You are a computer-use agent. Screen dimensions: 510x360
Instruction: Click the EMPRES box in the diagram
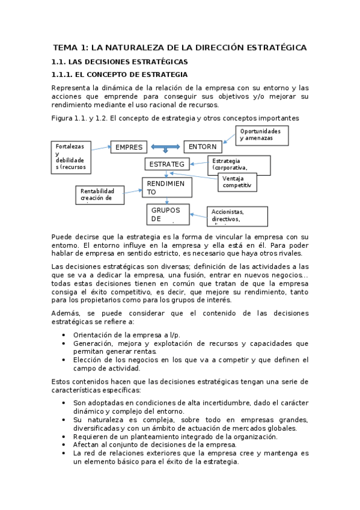pyautogui.click(x=128, y=147)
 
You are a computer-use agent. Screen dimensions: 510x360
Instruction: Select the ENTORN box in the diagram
pyautogui.click(x=203, y=147)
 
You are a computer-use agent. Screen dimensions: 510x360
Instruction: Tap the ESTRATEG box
pyautogui.click(x=167, y=164)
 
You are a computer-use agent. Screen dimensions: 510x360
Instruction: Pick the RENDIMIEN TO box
pyautogui.click(x=166, y=187)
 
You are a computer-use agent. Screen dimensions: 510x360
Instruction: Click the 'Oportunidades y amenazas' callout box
pyautogui.click(x=261, y=135)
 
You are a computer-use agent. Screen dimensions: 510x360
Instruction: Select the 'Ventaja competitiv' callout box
pyautogui.click(x=237, y=182)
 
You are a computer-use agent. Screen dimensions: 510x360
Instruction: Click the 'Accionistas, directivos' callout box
pyautogui.click(x=236, y=215)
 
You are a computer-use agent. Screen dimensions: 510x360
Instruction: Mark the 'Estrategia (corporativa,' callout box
pyautogui.click(x=239, y=165)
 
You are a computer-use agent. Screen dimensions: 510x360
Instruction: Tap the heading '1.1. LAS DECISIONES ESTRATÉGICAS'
pyautogui.click(x=120, y=62)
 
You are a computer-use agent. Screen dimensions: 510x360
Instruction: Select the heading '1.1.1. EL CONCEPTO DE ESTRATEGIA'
pyautogui.click(x=120, y=75)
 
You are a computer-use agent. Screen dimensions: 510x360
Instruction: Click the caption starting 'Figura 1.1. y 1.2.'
pyautogui.click(x=175, y=118)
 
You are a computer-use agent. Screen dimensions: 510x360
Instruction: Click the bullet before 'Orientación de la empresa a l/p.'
pyautogui.click(x=64, y=335)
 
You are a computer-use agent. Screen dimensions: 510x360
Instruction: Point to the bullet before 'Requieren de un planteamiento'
pyautogui.click(x=64, y=437)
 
